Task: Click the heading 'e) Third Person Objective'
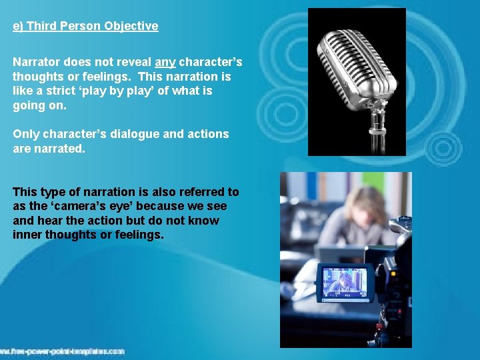(x=85, y=27)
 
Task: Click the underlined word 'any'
(x=165, y=62)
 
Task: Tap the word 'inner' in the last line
(x=27, y=235)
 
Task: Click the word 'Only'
(x=25, y=134)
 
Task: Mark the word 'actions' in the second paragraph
(x=208, y=134)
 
